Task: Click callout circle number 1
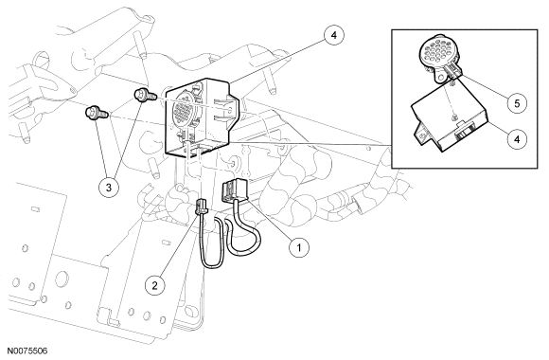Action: pos(299,247)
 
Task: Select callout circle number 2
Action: pos(155,286)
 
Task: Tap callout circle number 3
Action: pos(109,188)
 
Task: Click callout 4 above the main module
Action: pos(334,35)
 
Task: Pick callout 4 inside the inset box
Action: pos(517,139)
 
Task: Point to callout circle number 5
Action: pos(517,103)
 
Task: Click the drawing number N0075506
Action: pos(27,351)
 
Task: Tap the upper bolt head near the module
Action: pos(141,95)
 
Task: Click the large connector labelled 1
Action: pos(234,189)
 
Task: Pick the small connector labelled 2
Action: pos(202,207)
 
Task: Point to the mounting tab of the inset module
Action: pos(421,134)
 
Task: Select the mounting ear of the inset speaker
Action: pos(440,75)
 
